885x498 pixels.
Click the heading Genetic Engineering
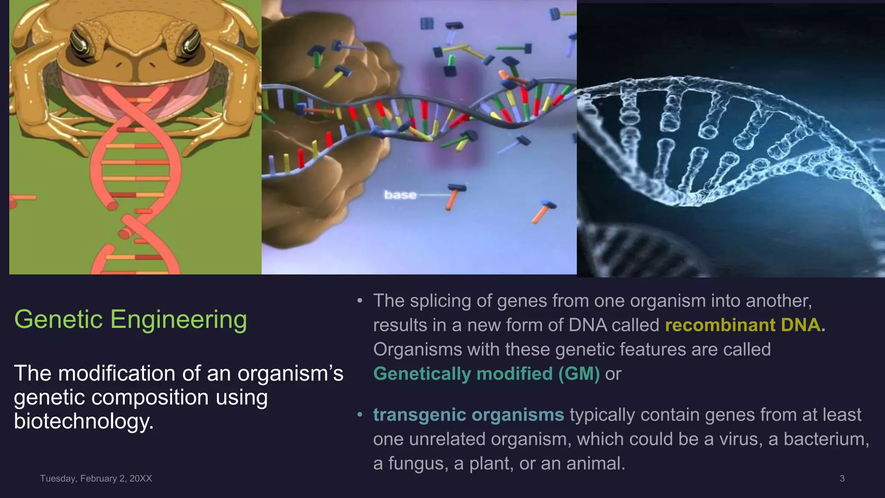131,320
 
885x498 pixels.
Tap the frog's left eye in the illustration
82,43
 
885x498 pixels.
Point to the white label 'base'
400,195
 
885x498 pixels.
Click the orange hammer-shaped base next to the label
454,197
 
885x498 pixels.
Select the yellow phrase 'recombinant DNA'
742,325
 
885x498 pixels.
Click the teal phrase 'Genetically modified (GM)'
486,374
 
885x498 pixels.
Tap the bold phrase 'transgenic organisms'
468,415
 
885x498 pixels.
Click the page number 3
842,479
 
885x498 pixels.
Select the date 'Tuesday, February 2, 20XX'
96,479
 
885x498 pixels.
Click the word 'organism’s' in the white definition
290,373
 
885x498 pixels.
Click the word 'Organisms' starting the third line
417,349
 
